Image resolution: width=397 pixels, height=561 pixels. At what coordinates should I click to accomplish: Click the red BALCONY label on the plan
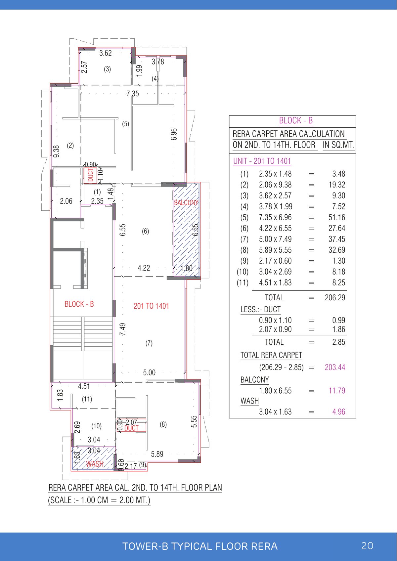(x=186, y=202)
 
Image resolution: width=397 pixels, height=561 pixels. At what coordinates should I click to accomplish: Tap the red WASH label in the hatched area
(x=95, y=464)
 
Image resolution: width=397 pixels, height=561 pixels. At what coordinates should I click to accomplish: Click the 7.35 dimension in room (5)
(x=133, y=94)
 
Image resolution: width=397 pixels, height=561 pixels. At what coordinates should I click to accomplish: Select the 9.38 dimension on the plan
(x=57, y=151)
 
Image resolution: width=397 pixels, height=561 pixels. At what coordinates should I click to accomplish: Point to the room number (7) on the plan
(x=149, y=343)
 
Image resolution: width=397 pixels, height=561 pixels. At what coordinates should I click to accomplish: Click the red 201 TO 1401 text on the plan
(x=151, y=306)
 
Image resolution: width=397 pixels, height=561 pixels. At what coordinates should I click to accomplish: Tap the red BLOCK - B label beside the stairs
(x=79, y=304)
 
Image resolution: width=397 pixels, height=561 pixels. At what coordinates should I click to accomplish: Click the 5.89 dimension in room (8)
(x=157, y=454)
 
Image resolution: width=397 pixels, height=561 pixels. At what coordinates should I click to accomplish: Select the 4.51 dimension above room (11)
(x=84, y=386)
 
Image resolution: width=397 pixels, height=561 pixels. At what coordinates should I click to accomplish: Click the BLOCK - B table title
(x=296, y=121)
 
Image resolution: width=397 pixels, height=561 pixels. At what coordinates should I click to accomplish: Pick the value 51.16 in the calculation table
(x=336, y=217)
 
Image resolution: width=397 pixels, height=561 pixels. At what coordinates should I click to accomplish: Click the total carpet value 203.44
(x=335, y=367)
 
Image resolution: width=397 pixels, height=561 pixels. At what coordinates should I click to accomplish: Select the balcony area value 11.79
(x=336, y=391)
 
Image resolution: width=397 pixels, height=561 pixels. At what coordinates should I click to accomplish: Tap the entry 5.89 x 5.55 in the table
(x=275, y=250)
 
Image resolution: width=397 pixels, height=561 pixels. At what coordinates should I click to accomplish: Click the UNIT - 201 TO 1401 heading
(x=262, y=161)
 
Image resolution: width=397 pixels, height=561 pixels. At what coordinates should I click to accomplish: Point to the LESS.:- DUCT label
(x=260, y=310)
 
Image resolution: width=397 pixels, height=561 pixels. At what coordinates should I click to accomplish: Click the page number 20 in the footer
(x=367, y=546)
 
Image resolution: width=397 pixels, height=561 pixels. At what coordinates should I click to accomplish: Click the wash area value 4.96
(x=338, y=412)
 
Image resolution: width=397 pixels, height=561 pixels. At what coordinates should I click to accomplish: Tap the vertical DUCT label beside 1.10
(x=90, y=175)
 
